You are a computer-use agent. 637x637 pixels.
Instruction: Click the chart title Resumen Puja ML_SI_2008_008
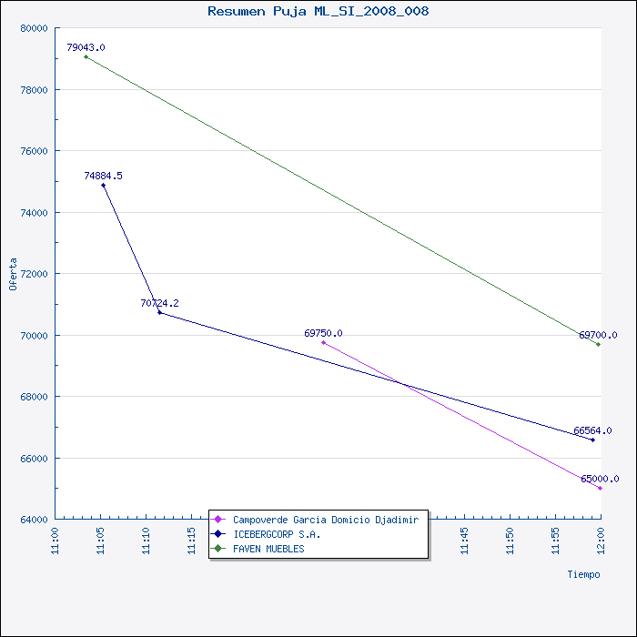pos(318,12)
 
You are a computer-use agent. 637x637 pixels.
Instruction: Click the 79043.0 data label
pos(86,47)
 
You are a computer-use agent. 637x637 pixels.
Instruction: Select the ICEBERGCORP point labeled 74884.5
pos(103,186)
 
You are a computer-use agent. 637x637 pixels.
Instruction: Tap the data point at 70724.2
pos(159,313)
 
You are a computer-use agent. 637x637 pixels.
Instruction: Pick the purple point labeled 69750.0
pos(323,342)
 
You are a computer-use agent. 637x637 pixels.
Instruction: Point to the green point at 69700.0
pos(598,344)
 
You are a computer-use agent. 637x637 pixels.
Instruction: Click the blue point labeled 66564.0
pos(592,440)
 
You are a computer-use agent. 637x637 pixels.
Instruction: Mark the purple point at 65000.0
pos(600,489)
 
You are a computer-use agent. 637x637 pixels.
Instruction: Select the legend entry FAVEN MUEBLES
pos(268,549)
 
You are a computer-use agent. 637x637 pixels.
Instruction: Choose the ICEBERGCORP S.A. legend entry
pos(277,534)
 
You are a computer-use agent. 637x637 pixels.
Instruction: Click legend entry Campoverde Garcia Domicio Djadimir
pos(325,520)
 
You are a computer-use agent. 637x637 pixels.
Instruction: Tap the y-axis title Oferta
pos(13,273)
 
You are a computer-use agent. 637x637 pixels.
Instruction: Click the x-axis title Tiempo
pos(583,574)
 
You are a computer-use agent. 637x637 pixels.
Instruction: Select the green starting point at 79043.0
pos(86,57)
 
